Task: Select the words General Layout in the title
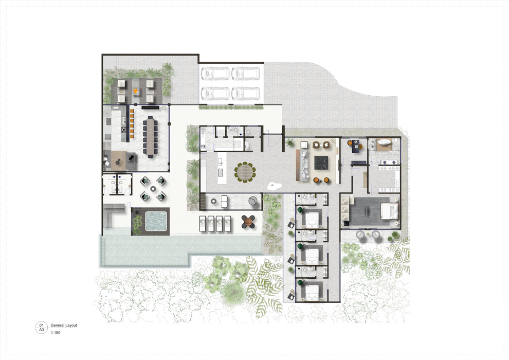(64, 326)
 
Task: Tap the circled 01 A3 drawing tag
(41, 328)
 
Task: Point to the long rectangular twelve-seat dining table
(151, 136)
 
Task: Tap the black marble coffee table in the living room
(321, 164)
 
